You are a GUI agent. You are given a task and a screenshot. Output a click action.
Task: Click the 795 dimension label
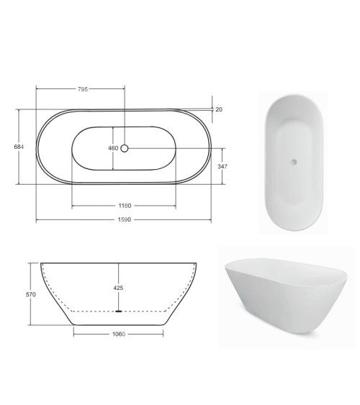point(83,89)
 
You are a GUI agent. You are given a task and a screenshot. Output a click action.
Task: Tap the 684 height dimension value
point(19,147)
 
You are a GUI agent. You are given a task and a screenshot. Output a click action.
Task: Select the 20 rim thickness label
point(219,109)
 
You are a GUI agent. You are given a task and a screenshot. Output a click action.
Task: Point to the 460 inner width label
point(113,148)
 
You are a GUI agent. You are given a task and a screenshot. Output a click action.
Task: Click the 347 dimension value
point(222,167)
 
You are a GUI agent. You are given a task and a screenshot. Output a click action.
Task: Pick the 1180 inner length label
point(125,206)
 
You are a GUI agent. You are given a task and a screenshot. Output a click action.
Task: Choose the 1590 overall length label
point(125,220)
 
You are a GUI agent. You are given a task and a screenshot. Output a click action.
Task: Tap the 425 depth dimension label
point(118,288)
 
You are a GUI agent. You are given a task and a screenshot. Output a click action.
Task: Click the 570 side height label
point(31,294)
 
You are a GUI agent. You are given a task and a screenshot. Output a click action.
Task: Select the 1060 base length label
point(119,335)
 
